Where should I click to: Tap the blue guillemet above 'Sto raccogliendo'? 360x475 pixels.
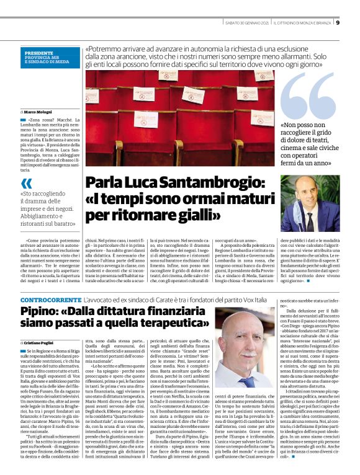click(x=27, y=184)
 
